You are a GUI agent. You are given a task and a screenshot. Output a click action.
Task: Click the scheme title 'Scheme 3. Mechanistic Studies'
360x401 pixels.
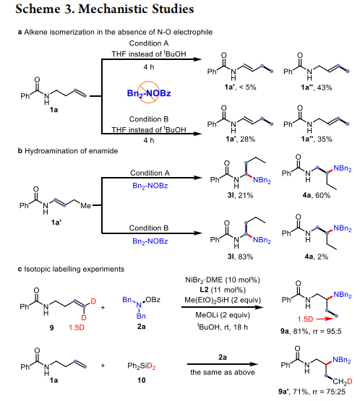pyautogui.click(x=104, y=9)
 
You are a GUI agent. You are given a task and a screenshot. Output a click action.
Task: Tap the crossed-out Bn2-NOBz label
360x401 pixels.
pyautogui.click(x=149, y=92)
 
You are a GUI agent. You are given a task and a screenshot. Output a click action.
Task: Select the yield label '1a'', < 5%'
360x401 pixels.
pyautogui.click(x=240, y=87)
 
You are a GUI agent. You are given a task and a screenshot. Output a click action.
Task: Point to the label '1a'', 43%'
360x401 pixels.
pyautogui.click(x=316, y=87)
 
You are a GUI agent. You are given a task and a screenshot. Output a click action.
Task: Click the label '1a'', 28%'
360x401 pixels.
pyautogui.click(x=240, y=139)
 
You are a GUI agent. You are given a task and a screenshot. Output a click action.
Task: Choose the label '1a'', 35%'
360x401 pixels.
pyautogui.click(x=316, y=139)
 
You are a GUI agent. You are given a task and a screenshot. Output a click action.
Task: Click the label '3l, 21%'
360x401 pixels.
pyautogui.click(x=240, y=195)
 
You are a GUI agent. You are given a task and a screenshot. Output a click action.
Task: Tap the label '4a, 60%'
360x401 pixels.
pyautogui.click(x=316, y=195)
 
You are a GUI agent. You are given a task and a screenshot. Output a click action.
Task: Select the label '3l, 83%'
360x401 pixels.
pyautogui.click(x=240, y=256)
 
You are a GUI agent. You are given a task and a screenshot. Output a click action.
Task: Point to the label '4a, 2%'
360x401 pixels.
pyautogui.click(x=316, y=256)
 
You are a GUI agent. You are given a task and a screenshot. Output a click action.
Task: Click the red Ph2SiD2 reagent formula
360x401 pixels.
pyautogui.click(x=142, y=366)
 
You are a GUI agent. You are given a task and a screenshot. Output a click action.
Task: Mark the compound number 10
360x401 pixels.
pyautogui.click(x=142, y=380)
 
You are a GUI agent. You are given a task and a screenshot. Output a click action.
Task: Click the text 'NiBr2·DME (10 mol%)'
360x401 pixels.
pyautogui.click(x=223, y=280)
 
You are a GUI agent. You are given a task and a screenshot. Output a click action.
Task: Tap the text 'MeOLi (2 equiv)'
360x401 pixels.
pyautogui.click(x=223, y=315)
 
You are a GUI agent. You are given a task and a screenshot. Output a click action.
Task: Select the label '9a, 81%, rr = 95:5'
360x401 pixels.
pyautogui.click(x=311, y=332)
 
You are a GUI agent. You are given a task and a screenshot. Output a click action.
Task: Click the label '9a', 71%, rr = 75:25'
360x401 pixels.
pyautogui.click(x=312, y=392)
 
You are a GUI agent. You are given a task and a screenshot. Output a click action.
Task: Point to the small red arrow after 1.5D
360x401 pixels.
pyautogui.click(x=325, y=319)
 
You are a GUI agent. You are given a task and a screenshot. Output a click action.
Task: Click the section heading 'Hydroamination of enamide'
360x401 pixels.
pyautogui.click(x=71, y=151)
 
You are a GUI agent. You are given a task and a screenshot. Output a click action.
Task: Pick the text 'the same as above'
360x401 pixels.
pyautogui.click(x=223, y=372)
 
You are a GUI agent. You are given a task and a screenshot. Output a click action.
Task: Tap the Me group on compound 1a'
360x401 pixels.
pyautogui.click(x=86, y=206)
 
